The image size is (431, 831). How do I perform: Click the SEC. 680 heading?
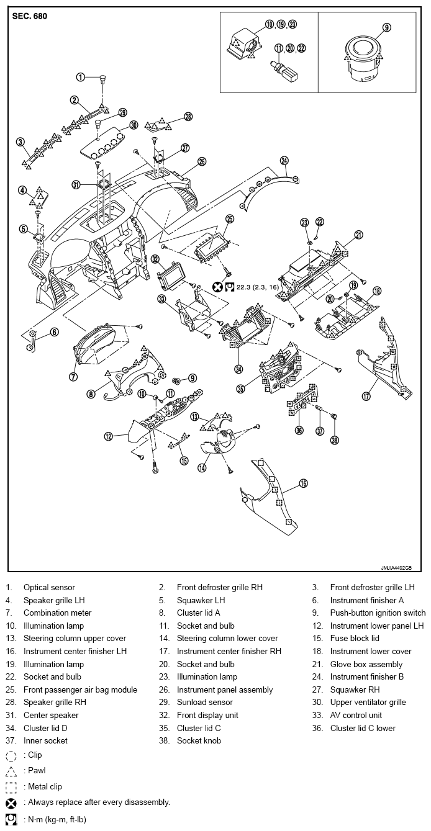tap(29, 16)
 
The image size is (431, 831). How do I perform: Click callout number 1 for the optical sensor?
tap(80, 78)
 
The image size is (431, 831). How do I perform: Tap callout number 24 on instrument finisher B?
tap(284, 160)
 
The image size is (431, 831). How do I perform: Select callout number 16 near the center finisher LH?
tap(303, 483)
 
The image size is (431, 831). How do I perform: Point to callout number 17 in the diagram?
tap(366, 395)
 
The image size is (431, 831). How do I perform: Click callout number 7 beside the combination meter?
tap(73, 377)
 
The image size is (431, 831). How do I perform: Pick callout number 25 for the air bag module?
tap(229, 218)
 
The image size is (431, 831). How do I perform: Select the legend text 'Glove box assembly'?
tap(366, 664)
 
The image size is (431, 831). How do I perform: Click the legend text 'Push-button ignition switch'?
tap(378, 613)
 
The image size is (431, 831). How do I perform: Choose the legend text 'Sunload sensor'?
tap(204, 703)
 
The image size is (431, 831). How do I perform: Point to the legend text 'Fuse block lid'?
tap(354, 639)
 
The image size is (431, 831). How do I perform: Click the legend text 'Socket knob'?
tap(199, 741)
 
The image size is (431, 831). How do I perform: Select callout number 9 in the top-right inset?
tap(386, 27)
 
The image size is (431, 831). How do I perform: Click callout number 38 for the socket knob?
tap(335, 440)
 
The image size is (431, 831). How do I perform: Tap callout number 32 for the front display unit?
tap(155, 259)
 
